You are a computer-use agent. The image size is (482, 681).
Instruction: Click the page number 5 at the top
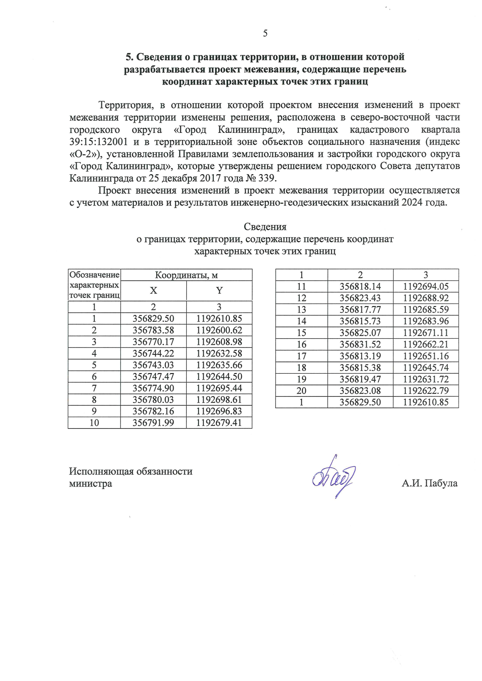(265, 33)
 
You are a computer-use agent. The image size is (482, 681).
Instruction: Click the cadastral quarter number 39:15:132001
(98, 142)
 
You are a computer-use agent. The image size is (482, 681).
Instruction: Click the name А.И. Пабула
(429, 483)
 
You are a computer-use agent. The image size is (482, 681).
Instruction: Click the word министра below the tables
(90, 484)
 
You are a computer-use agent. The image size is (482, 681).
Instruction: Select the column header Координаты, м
(186, 275)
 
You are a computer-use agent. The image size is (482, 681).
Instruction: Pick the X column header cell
(153, 291)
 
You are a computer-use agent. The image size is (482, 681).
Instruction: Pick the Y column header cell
(219, 291)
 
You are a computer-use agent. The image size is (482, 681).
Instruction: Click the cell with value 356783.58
(153, 330)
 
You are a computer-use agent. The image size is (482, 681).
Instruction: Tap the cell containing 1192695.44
(219, 388)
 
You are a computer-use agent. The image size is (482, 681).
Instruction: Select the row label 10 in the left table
(94, 423)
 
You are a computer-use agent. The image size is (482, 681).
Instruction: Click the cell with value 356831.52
(360, 344)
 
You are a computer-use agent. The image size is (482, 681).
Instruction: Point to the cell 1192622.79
(426, 390)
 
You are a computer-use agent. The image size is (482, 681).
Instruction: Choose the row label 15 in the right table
(302, 333)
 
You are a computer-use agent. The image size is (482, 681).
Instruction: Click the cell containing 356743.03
(153, 365)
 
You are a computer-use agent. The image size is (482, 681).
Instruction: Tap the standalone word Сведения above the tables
(265, 227)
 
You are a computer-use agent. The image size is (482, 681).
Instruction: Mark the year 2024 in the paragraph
(412, 203)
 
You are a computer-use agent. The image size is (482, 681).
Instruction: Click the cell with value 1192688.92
(426, 298)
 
